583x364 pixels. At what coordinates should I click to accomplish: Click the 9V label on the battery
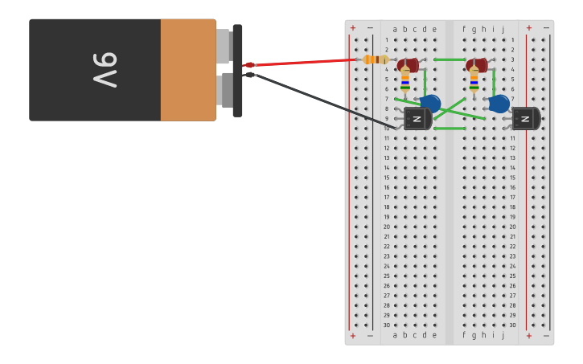105,69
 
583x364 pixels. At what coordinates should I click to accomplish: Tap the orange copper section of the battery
188,70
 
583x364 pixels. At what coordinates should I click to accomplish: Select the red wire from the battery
306,62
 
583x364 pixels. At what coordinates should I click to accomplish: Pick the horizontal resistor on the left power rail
375,59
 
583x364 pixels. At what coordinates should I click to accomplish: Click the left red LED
407,64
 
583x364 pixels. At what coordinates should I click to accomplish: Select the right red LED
476,64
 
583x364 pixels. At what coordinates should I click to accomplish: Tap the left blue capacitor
431,103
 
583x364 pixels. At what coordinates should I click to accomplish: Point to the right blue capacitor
499,104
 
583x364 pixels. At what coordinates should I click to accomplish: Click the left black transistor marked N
417,119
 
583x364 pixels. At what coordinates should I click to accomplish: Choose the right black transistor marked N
526,119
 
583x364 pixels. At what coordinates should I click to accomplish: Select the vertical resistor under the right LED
474,80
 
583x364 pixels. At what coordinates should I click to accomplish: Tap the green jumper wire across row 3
450,59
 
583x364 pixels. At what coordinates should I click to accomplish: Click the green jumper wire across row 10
450,129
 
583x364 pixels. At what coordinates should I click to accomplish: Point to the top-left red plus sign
352,28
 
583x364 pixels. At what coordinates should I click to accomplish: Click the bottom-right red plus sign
528,336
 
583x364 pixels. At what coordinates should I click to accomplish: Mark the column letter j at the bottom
503,335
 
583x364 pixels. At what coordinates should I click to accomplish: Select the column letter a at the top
395,29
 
